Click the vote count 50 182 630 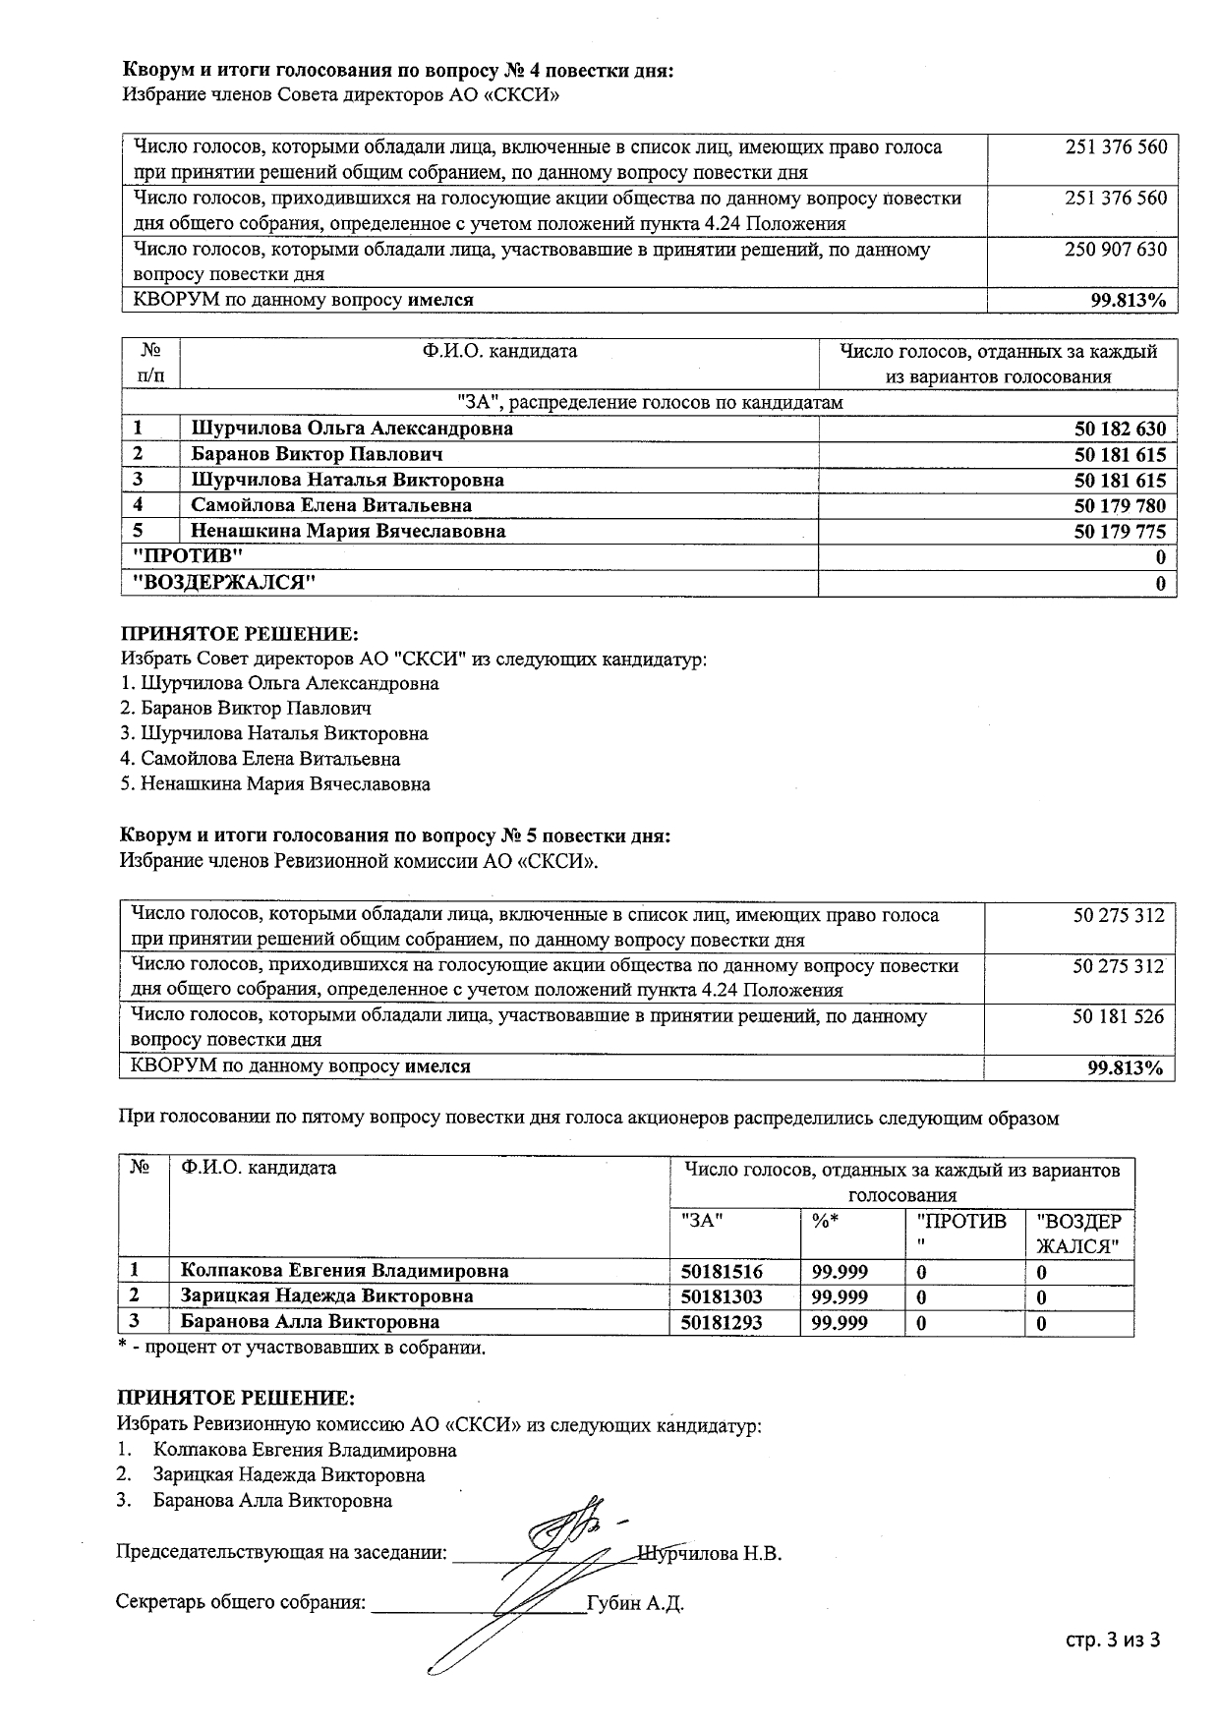point(1120,430)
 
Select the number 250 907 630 point(1116,250)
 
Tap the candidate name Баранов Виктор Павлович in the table point(316,454)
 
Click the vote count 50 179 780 point(1120,506)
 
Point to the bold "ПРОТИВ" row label point(188,556)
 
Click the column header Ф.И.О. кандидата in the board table point(500,351)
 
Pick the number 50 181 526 point(1118,1016)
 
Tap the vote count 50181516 point(722,1271)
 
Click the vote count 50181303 point(722,1296)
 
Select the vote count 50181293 point(722,1322)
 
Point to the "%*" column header point(825,1221)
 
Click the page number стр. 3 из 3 point(1113,1640)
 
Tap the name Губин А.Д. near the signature point(635,1604)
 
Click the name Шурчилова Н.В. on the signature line point(710,1554)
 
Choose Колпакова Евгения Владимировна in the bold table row point(344,1271)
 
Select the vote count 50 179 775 point(1120,532)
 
